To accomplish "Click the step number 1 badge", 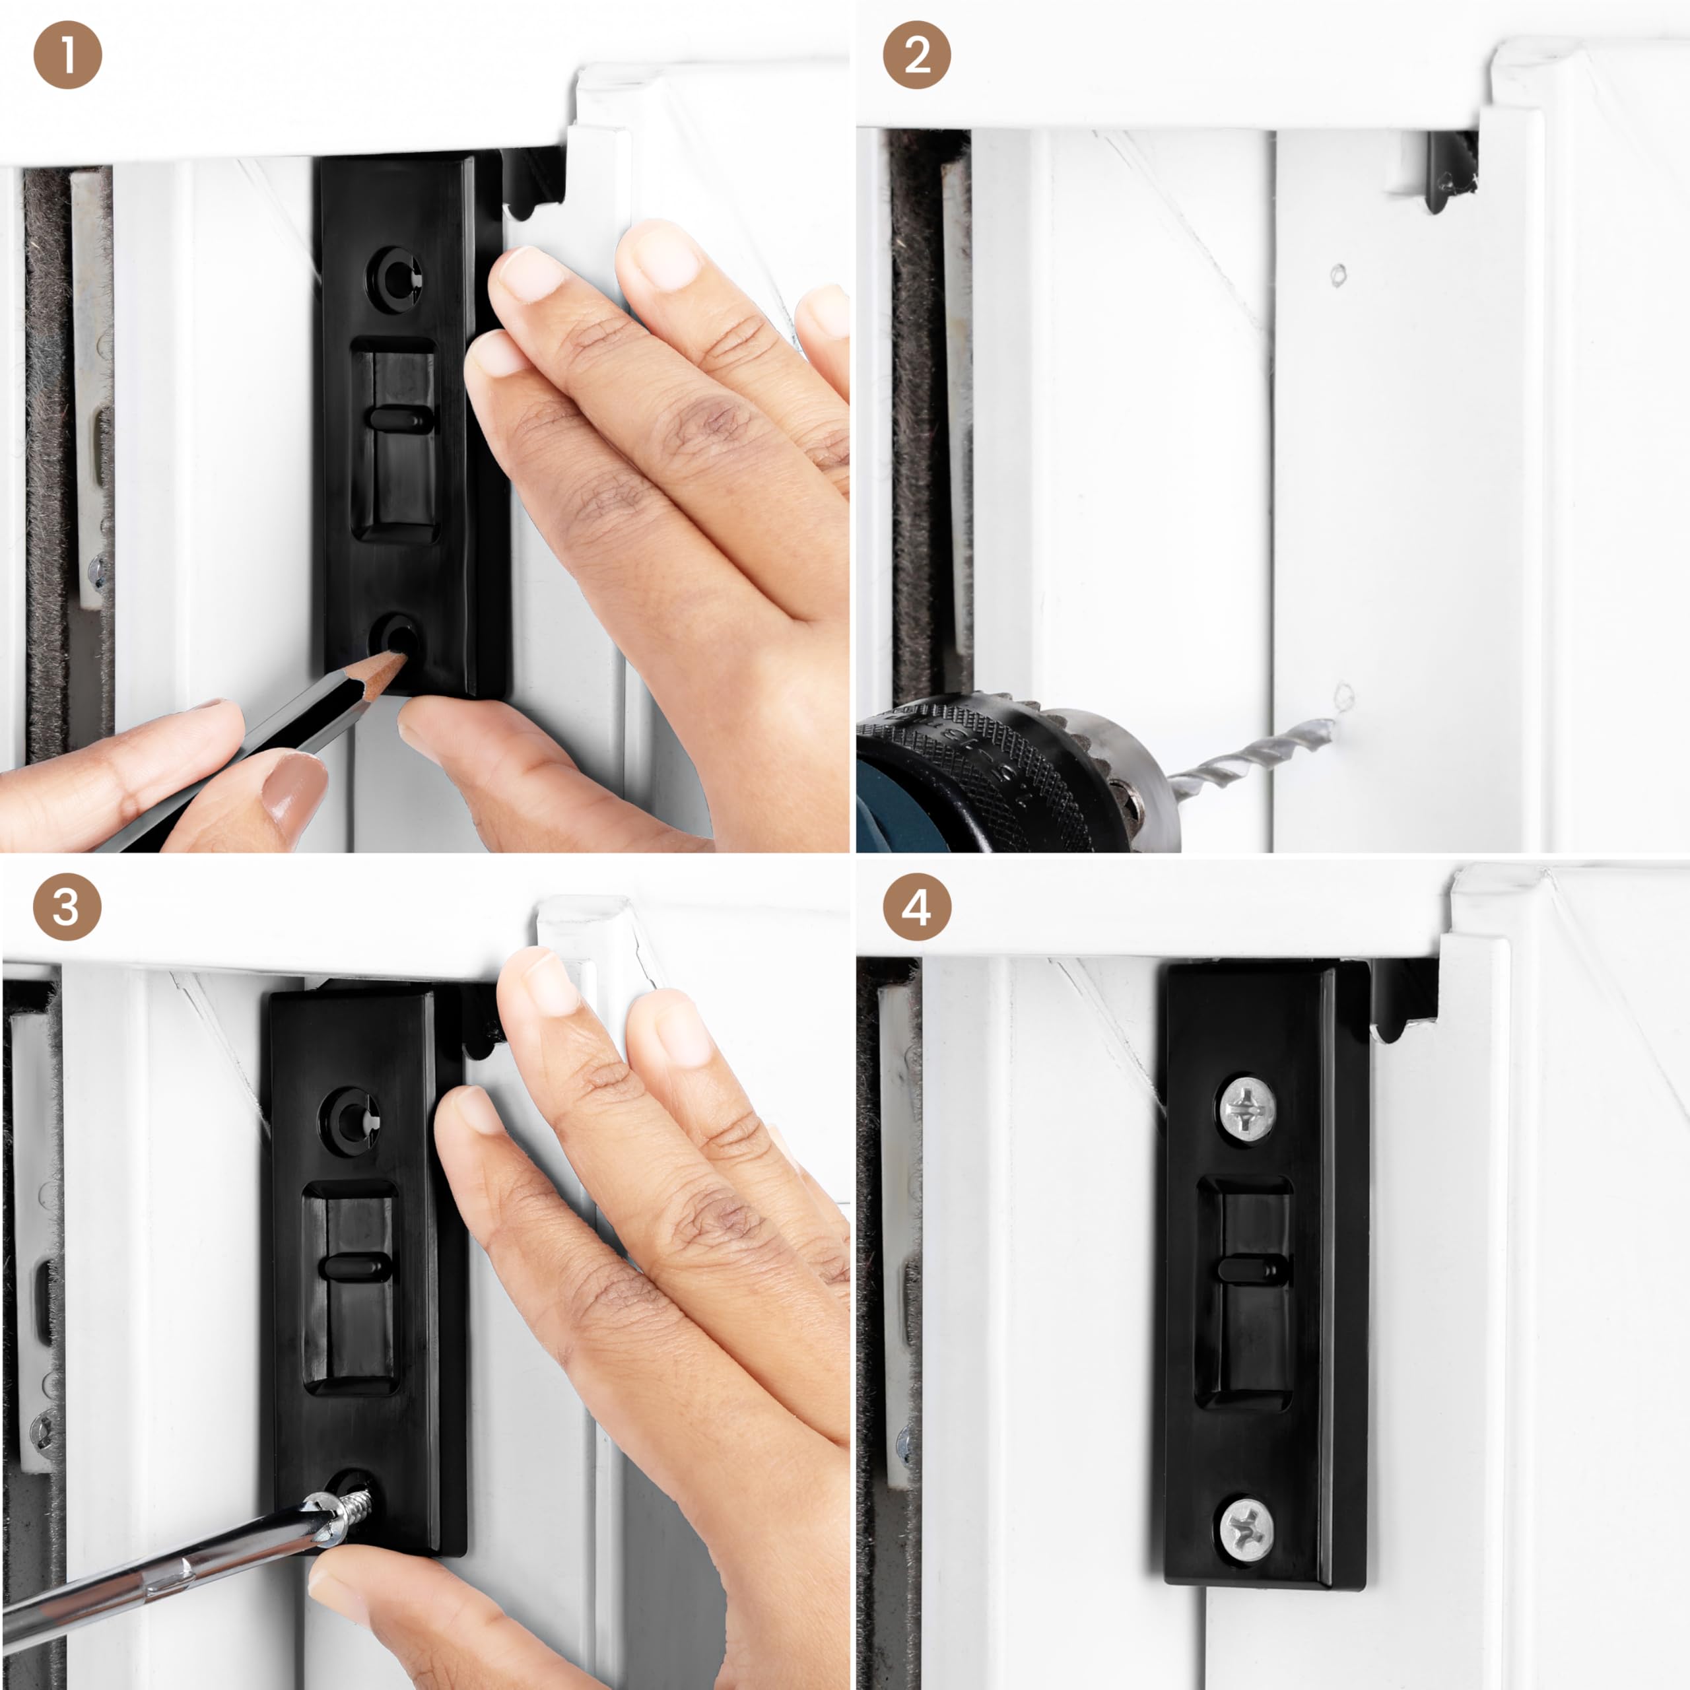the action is pos(67,55).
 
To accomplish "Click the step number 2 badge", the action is pos(917,55).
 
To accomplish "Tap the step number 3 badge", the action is pos(67,907).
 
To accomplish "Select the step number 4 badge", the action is pos(917,907).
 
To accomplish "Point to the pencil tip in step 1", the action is pos(401,657).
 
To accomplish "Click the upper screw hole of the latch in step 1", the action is pos(399,275).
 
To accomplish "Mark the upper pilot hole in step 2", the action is pos(1337,275).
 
